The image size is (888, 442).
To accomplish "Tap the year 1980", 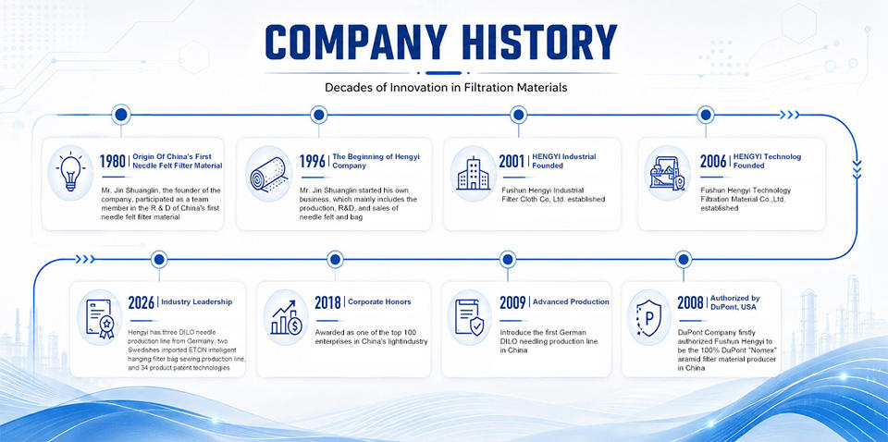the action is point(113,161).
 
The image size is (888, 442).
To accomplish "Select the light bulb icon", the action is point(70,172).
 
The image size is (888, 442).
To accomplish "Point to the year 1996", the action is point(313,161).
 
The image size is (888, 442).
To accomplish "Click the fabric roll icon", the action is point(268,173).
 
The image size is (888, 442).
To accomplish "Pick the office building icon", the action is point(474,173).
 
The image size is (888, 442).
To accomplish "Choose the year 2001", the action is point(512,161).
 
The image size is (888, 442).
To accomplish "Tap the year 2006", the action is point(713,161).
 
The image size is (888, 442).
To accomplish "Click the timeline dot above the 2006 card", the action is point(706,115).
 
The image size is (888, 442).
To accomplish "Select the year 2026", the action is point(142,302).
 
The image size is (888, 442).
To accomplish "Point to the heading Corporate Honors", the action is point(379,302).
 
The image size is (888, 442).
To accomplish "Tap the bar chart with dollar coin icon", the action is point(287,318).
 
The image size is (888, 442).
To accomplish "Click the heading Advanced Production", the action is point(571,302).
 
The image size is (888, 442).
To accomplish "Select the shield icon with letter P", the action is point(648,318).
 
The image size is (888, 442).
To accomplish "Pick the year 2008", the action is point(690,302).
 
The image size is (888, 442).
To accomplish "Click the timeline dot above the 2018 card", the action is point(335,260).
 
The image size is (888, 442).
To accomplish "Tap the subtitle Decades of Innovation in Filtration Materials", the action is point(446,88).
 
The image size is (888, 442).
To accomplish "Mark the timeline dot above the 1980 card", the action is point(120,115).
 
